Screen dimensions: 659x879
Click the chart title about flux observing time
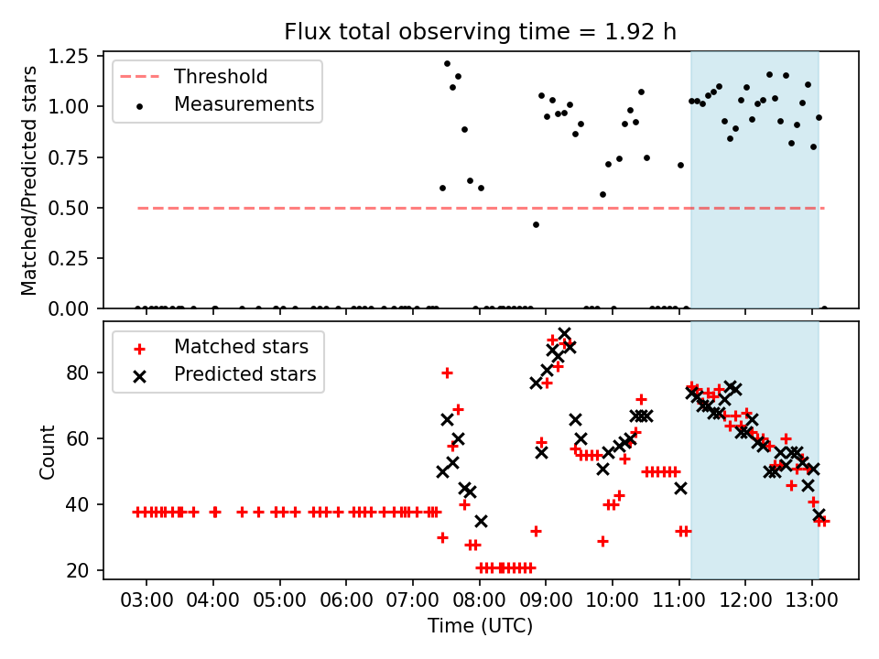481,32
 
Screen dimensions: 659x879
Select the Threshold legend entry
220,76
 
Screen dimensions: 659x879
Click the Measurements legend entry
243,104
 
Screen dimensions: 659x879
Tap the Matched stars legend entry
241,347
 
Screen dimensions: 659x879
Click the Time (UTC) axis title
481,626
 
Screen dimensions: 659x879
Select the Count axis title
47,451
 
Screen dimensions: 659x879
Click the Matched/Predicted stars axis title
29,180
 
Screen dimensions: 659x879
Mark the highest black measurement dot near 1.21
447,64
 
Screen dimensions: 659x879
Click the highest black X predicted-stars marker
564,334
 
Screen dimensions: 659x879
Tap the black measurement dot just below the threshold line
536,224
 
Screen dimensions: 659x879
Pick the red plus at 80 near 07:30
447,373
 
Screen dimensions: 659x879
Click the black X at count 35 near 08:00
481,521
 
